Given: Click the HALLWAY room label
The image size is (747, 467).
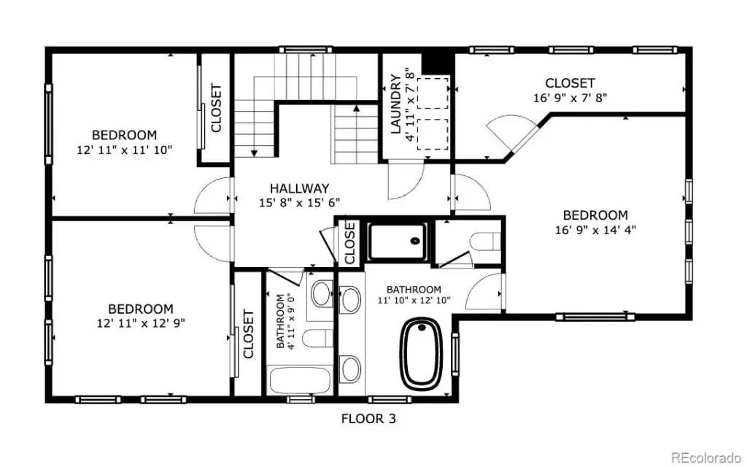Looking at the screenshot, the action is point(299,188).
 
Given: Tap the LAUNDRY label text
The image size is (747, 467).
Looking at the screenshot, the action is point(395,104).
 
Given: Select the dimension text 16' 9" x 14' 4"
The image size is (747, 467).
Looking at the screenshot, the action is point(595,230).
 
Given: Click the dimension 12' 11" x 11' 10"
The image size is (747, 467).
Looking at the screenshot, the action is point(124,150).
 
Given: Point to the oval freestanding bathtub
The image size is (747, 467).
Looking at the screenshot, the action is point(422,353).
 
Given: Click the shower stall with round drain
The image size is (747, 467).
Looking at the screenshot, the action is point(398,241).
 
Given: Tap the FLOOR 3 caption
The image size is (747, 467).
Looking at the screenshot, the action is point(368,419).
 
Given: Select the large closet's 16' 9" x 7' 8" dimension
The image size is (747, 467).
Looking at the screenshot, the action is point(570,98).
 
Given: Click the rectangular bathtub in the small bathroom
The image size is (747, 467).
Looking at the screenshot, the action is point(300,380).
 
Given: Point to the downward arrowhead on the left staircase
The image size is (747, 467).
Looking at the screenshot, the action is point(254,153).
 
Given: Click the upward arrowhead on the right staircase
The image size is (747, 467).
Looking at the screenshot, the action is point(356,108).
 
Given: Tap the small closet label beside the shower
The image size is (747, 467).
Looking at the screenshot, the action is point(350,242).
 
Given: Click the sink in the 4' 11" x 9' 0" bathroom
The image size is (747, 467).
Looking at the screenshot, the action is point(322,293).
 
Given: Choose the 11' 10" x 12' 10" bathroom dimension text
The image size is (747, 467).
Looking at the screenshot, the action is point(414,300).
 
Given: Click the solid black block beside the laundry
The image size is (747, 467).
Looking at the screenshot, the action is point(437,62).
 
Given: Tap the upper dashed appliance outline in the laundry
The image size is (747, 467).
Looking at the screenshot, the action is point(433,93).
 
